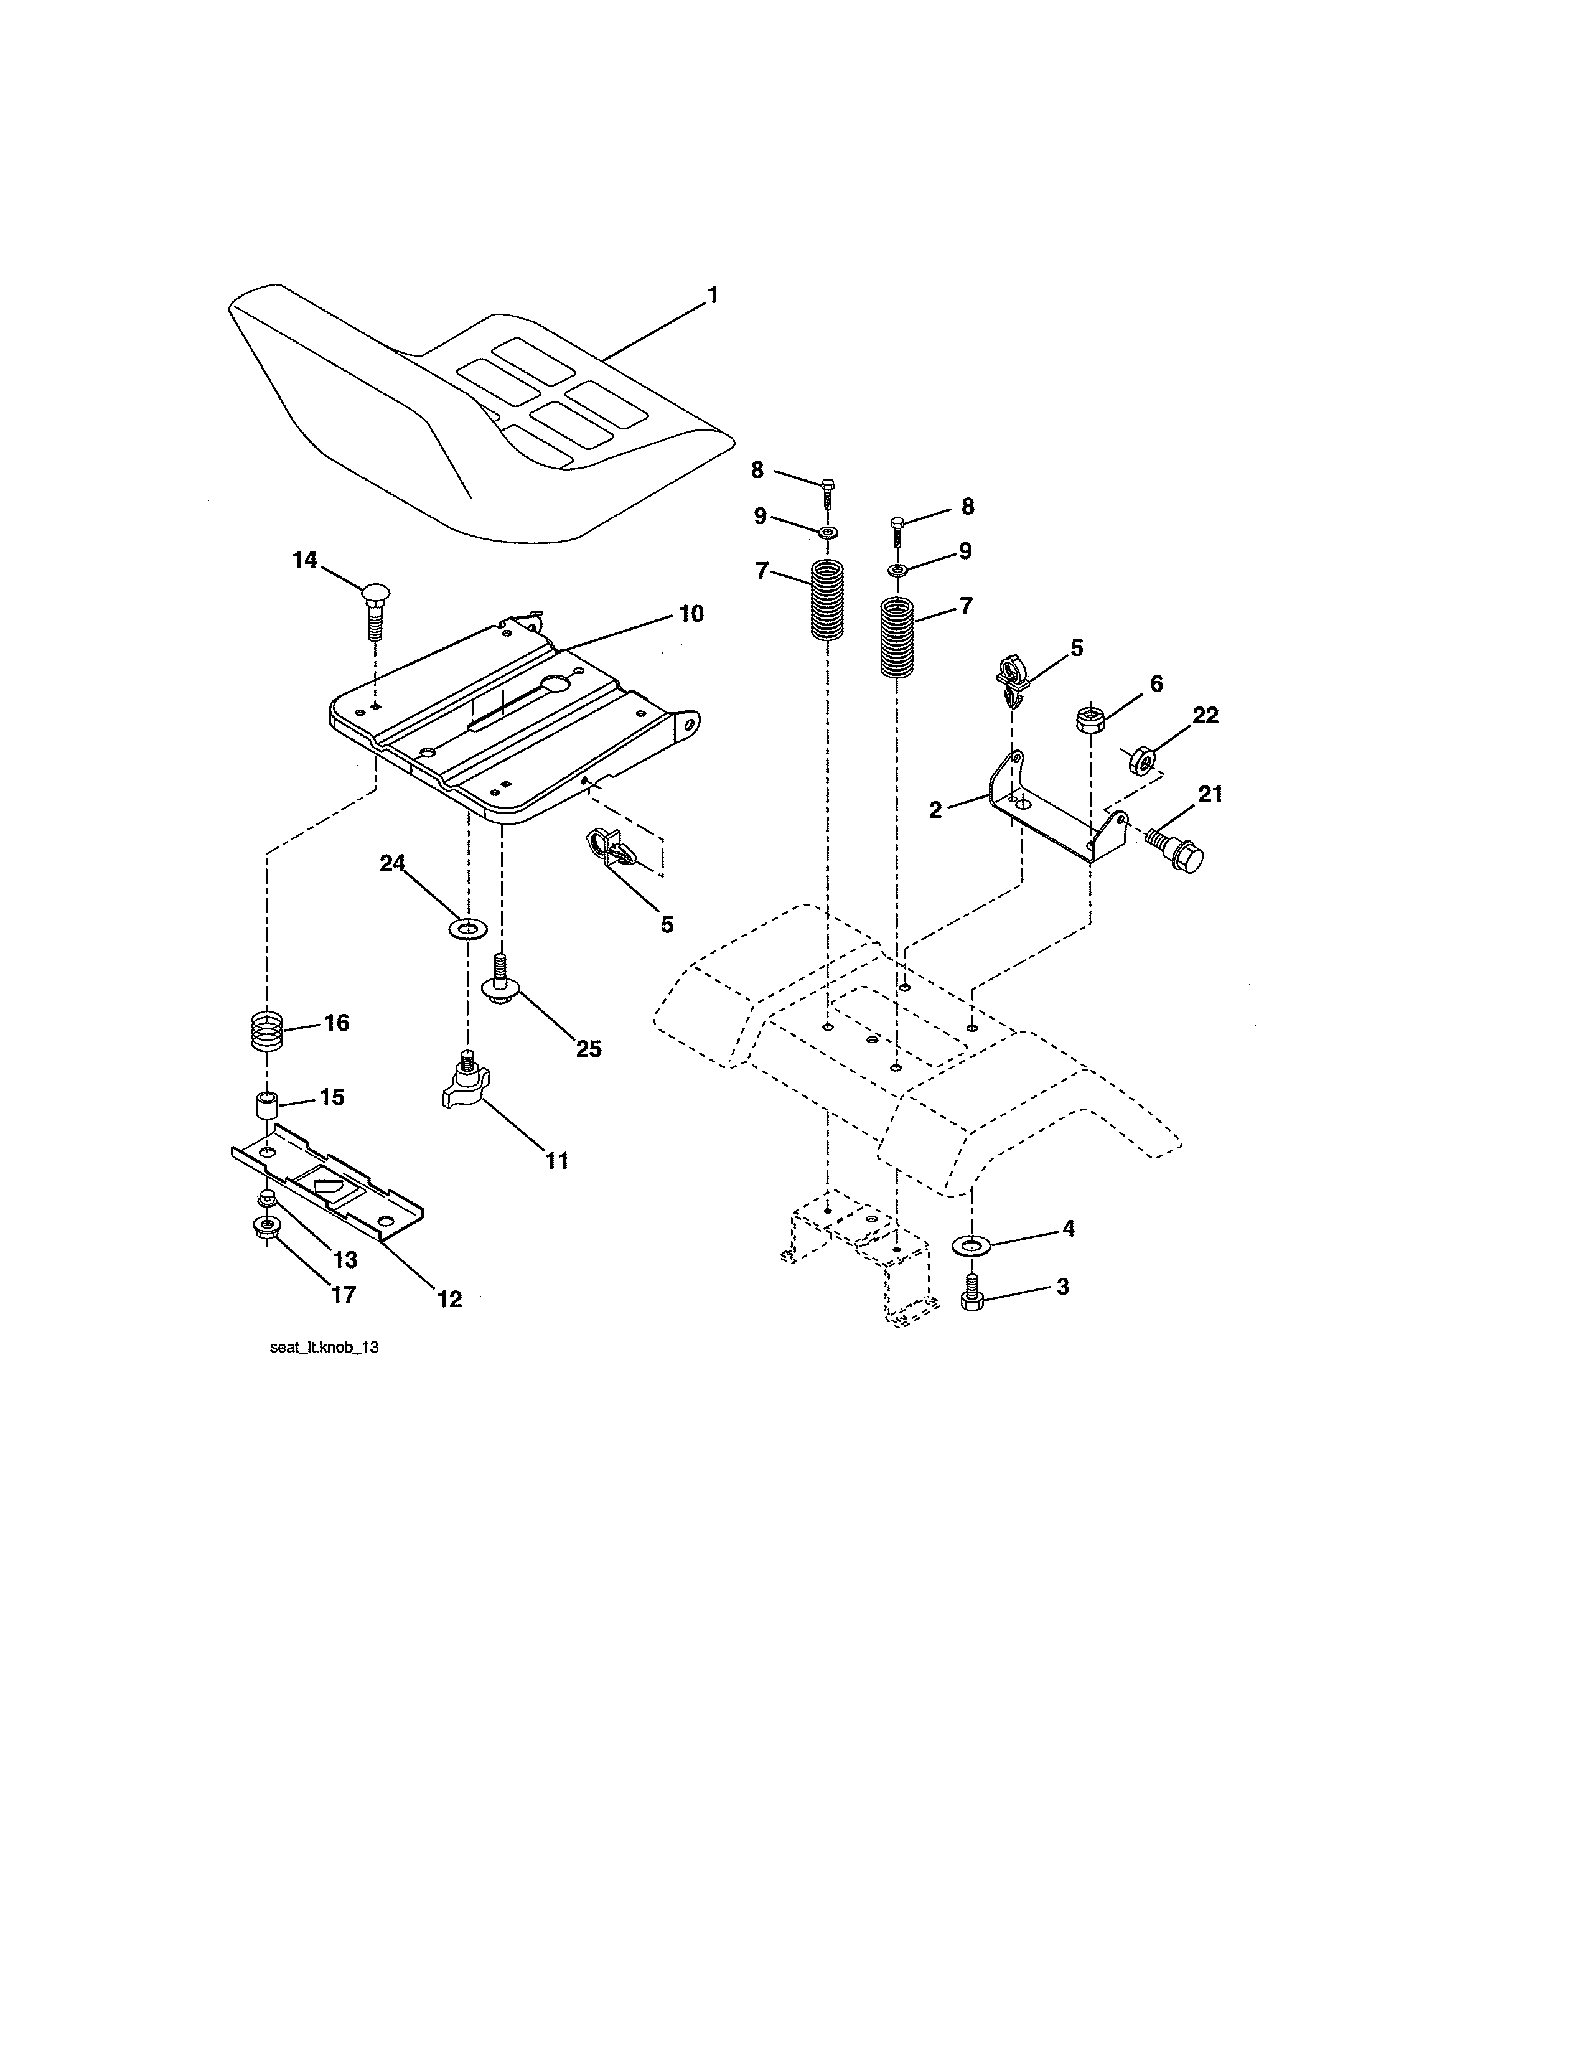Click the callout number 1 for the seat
[712, 295]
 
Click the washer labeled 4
[972, 1246]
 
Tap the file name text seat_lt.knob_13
[324, 1347]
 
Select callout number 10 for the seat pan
[691, 614]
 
